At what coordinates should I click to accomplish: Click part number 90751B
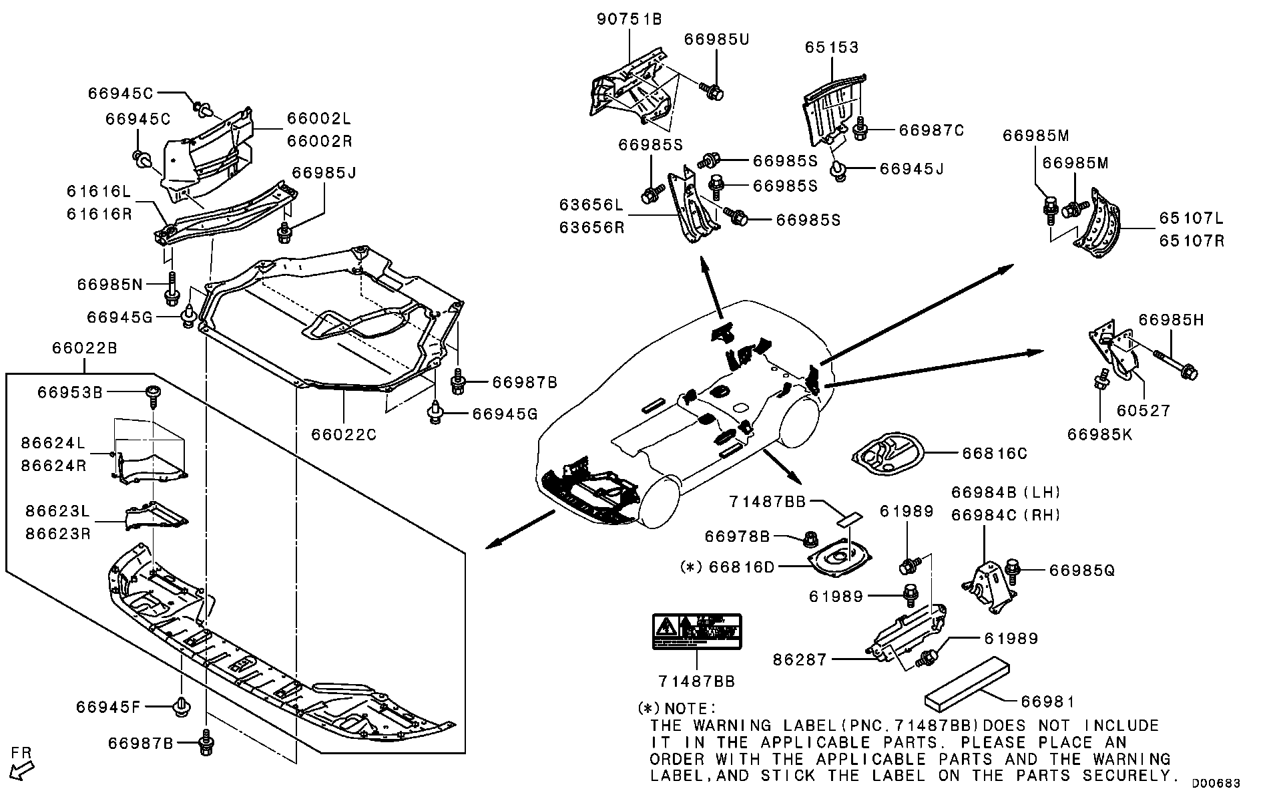coord(628,19)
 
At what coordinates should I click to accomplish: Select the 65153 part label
coord(831,47)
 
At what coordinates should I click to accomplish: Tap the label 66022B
coord(84,349)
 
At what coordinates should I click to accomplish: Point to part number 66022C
coord(344,435)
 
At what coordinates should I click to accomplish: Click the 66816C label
coord(994,454)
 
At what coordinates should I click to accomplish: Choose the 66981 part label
coord(1047,701)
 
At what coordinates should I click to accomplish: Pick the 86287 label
coord(800,659)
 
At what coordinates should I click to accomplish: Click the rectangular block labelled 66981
coord(967,679)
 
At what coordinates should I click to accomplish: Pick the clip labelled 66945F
coord(180,706)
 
